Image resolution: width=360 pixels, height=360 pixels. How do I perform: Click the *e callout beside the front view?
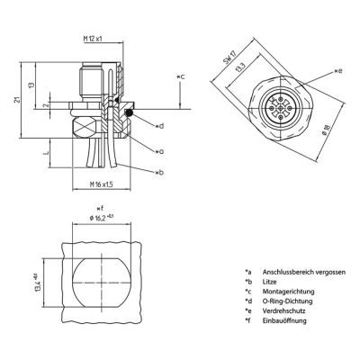pyautogui.click(x=337, y=69)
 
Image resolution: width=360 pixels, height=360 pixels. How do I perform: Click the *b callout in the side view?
pyautogui.click(x=158, y=171)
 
